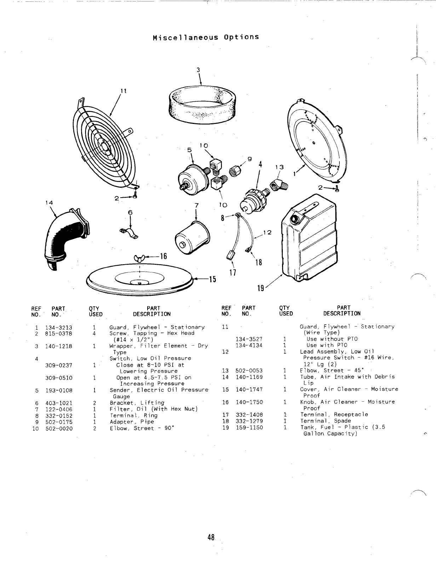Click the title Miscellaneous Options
click(x=206, y=37)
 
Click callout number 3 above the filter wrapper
click(x=199, y=70)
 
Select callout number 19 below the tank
click(x=260, y=288)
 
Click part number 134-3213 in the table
click(x=58, y=327)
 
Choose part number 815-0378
click(x=58, y=334)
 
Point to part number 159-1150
click(x=249, y=428)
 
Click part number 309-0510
click(x=58, y=378)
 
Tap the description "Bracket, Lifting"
click(x=137, y=403)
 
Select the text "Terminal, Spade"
click(x=326, y=421)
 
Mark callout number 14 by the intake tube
click(x=49, y=203)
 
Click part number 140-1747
click(x=249, y=390)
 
